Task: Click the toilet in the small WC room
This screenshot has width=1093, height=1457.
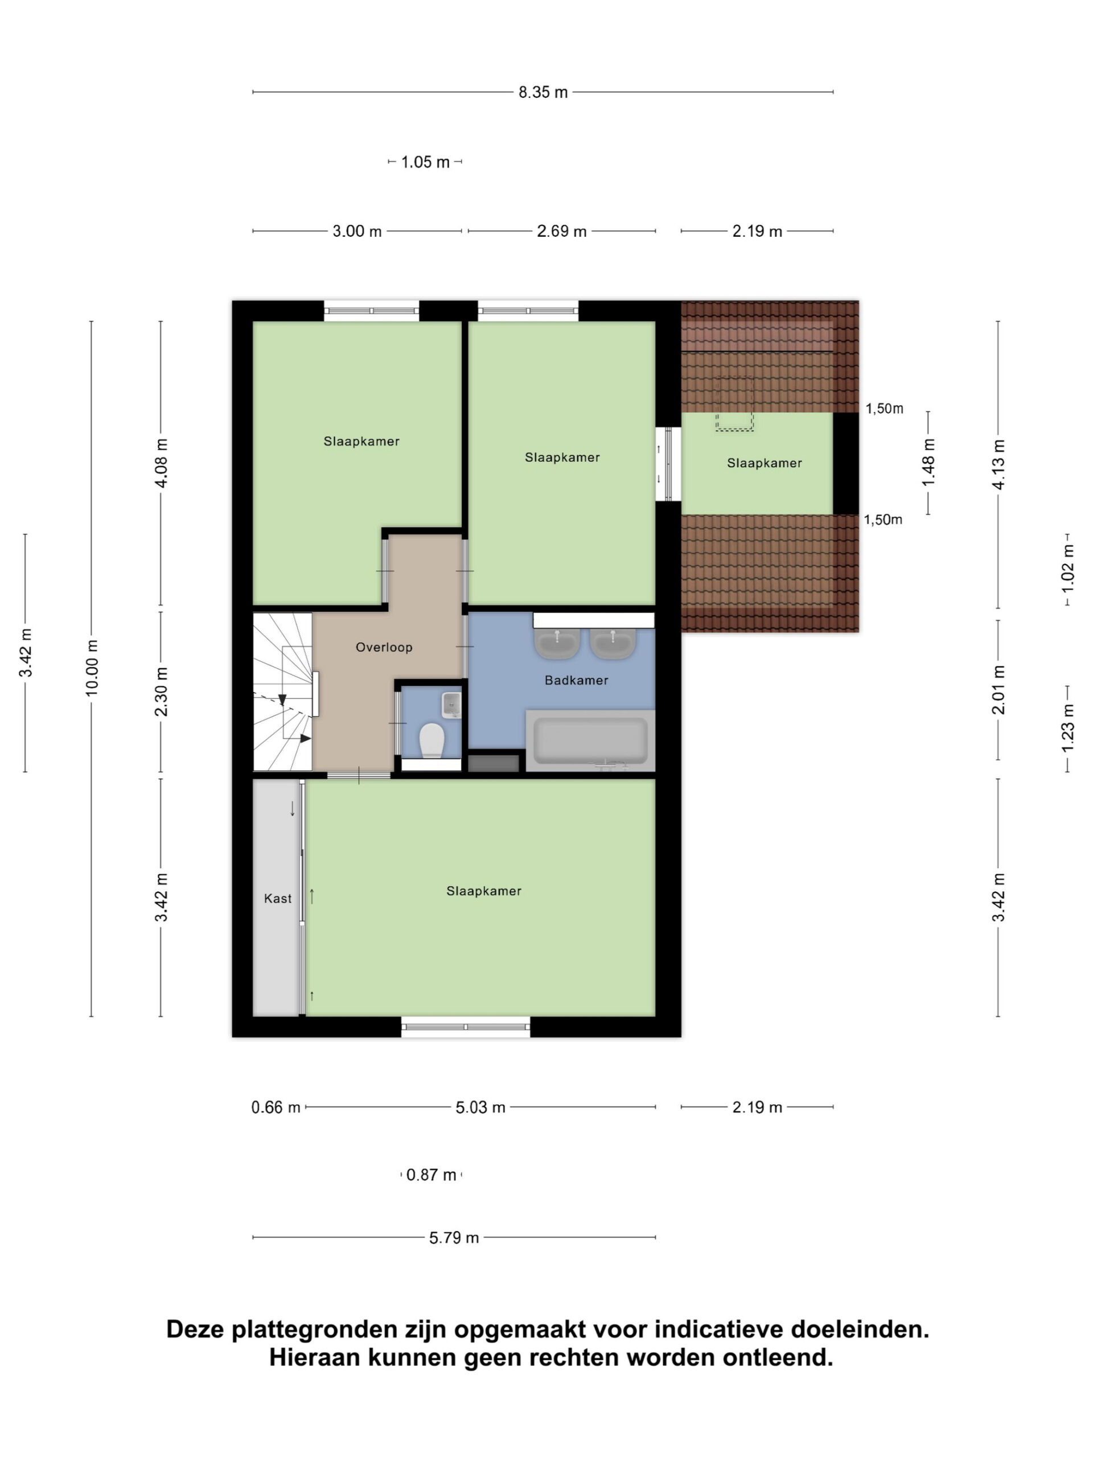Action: [x=432, y=740]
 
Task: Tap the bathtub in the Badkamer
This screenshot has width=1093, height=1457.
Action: [x=590, y=740]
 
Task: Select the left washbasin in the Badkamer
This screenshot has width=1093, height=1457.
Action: [x=557, y=642]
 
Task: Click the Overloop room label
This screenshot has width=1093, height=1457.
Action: [x=384, y=648]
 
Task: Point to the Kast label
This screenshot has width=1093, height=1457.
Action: [x=277, y=899]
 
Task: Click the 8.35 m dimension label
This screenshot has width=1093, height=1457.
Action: [x=543, y=92]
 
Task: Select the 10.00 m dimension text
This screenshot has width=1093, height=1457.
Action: [x=92, y=667]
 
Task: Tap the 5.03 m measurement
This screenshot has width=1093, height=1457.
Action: [x=480, y=1107]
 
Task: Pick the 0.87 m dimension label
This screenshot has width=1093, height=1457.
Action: [x=432, y=1175]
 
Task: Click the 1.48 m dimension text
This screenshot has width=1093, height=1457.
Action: [x=928, y=462]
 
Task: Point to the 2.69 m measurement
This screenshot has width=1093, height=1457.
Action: [x=561, y=231]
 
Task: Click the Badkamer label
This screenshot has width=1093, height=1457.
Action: [x=577, y=681]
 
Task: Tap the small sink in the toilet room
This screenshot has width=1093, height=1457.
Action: [x=451, y=704]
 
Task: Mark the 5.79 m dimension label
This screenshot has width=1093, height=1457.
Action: [x=454, y=1238]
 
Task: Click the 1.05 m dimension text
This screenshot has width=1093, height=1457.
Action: [x=426, y=162]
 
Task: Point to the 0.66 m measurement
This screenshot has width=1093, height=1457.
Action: [x=276, y=1107]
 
